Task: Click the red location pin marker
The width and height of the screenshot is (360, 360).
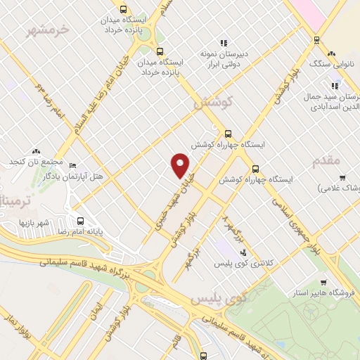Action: point(181,165)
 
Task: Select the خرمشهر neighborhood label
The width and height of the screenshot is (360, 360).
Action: point(47,30)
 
